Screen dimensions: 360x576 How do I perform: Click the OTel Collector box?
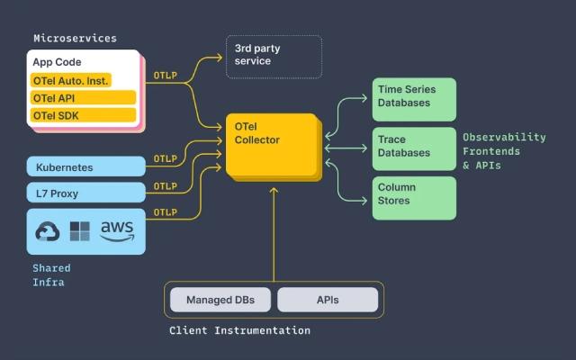pos(271,145)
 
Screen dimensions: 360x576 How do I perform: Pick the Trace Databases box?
pos(414,148)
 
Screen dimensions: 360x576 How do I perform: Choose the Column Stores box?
pos(414,196)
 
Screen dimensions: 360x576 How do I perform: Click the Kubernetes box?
pos(86,166)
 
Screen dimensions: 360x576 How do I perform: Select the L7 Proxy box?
pos(86,192)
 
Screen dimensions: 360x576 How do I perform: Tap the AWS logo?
pos(117,231)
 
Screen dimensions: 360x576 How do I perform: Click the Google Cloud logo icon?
pos(48,232)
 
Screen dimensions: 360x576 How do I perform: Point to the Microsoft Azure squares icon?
pos(80,231)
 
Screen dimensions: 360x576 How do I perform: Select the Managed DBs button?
pos(220,300)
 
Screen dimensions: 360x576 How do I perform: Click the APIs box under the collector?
pos(328,300)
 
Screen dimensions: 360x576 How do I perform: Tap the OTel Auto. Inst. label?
pos(70,80)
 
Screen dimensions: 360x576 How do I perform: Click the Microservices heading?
pos(75,39)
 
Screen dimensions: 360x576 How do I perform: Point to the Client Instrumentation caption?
pos(239,331)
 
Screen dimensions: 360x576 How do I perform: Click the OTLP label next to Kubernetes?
pos(166,159)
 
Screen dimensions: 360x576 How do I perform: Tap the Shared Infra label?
pos(51,275)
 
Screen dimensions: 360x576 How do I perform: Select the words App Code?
pos(57,62)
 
